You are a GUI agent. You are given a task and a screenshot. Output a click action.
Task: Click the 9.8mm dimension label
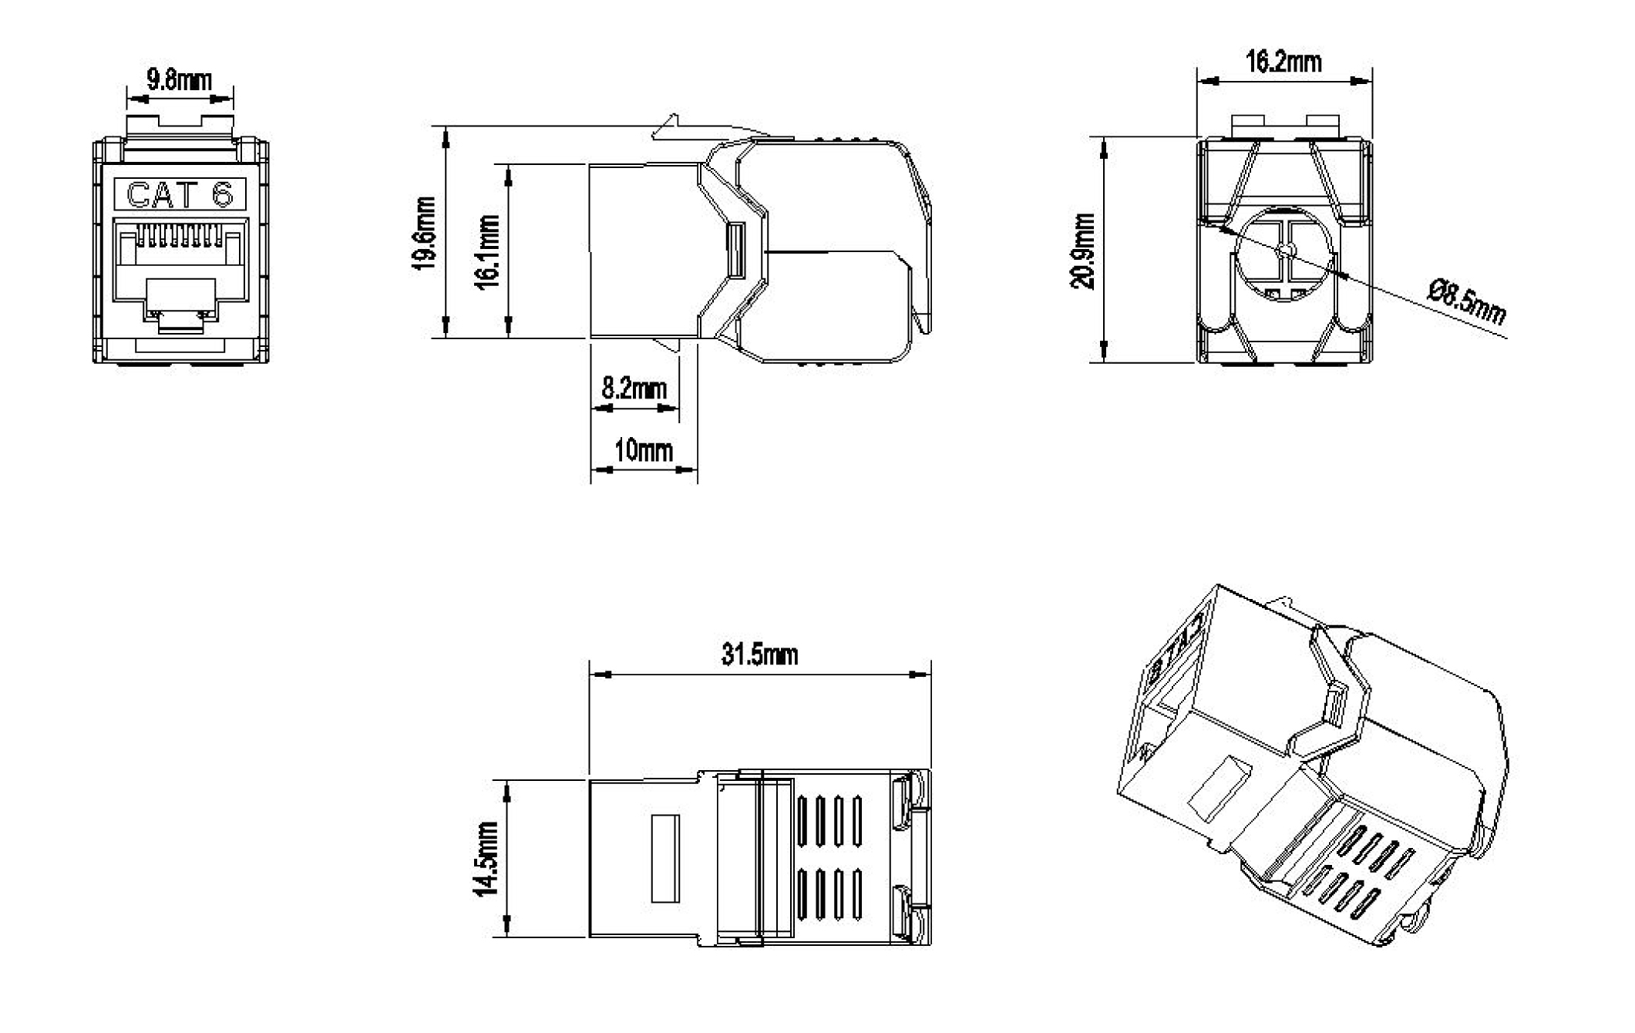click(179, 80)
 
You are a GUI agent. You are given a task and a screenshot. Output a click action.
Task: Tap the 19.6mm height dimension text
click(425, 233)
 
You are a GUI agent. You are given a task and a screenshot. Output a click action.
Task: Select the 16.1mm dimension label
click(488, 251)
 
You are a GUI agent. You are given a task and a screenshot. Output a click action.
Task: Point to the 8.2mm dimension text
click(634, 388)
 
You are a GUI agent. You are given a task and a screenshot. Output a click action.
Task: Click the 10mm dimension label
click(643, 449)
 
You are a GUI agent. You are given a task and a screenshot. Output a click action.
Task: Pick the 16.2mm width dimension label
click(1283, 62)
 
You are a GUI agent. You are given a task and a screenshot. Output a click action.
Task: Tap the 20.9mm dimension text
click(1083, 251)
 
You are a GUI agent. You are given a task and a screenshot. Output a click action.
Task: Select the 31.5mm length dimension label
click(759, 654)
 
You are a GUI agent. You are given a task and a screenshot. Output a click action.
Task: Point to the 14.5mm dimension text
click(487, 858)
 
